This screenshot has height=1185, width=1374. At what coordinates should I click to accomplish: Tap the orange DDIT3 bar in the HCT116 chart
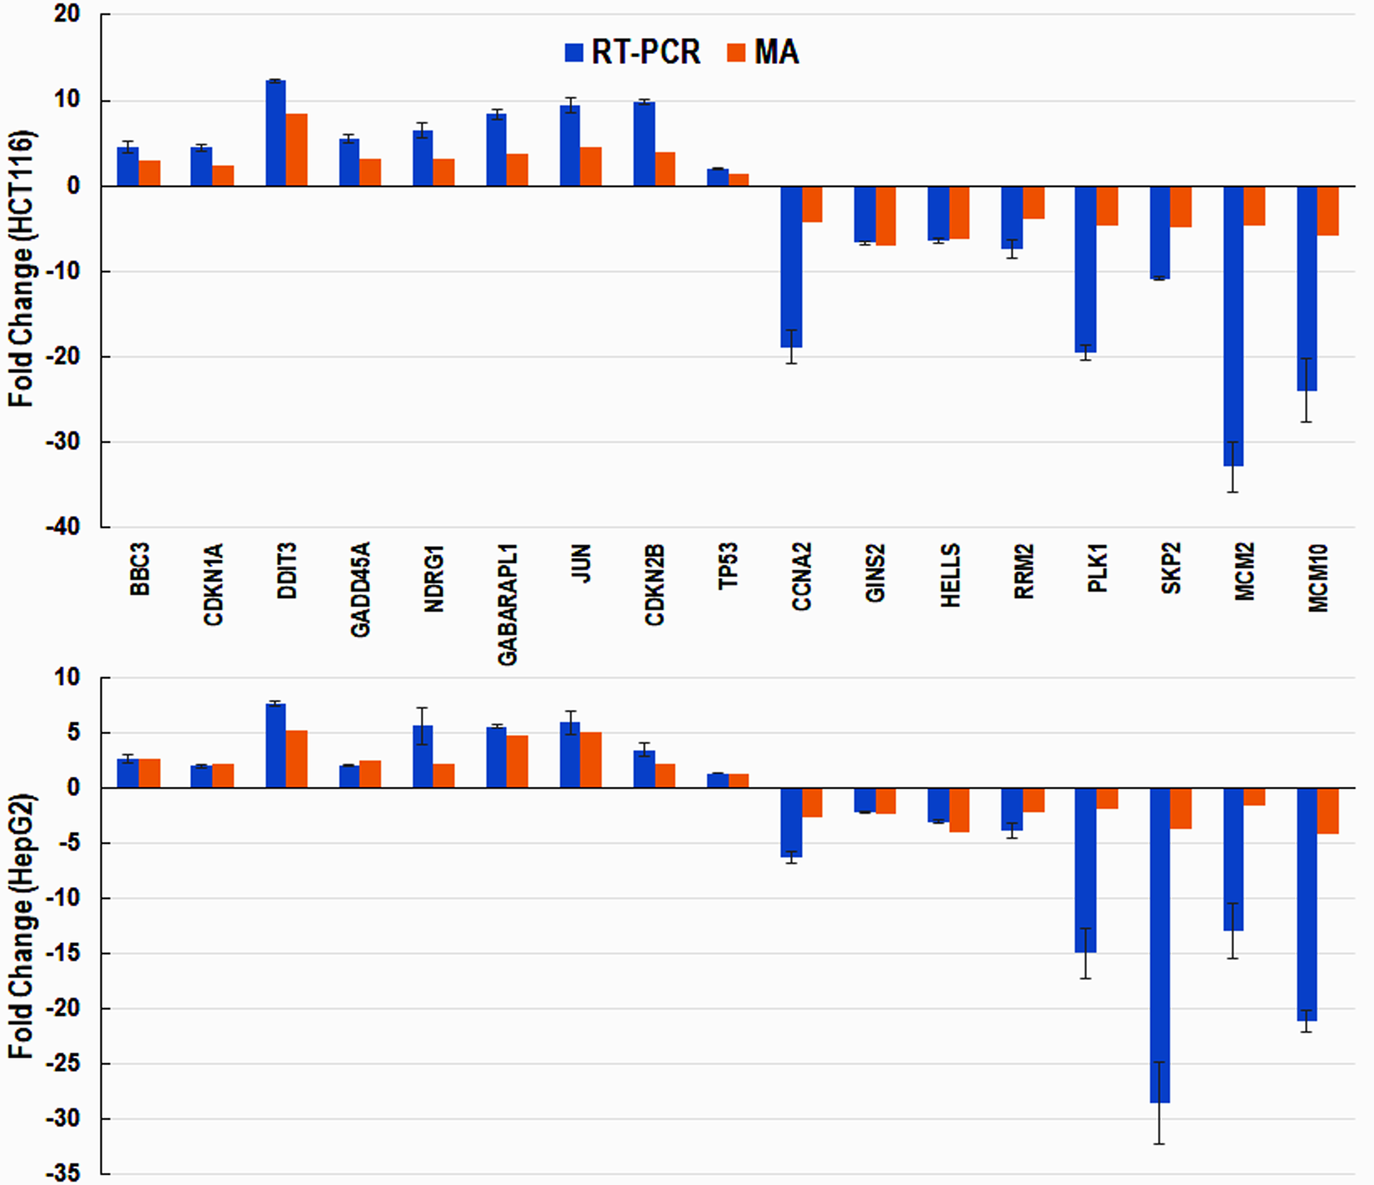296,150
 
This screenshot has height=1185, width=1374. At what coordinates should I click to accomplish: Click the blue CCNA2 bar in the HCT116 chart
791,265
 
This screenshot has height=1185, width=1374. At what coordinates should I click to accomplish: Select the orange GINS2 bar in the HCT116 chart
886,215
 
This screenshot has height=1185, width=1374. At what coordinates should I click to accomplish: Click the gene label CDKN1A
213,584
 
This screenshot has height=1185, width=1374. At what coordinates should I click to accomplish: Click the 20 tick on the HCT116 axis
66,14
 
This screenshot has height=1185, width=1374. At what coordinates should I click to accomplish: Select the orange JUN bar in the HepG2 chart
591,760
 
